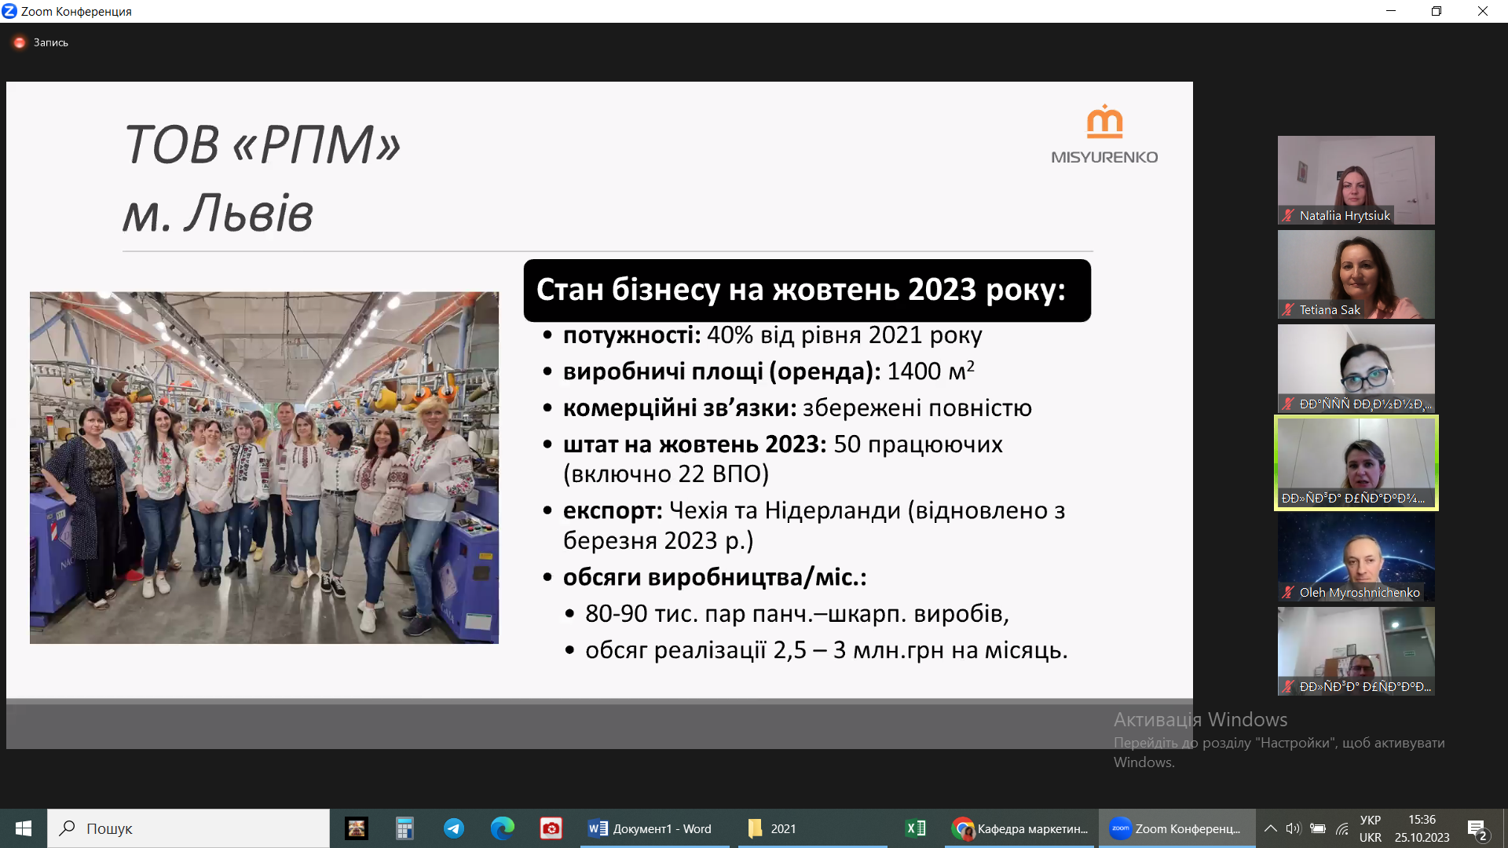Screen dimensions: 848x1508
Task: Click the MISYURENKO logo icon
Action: point(1104,122)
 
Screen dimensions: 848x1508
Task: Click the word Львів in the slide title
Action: point(248,214)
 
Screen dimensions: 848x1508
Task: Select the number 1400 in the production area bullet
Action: point(913,371)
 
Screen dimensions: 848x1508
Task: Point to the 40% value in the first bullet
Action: point(730,335)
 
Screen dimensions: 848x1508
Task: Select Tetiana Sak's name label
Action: point(1329,310)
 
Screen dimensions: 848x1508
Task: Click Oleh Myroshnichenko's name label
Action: point(1359,593)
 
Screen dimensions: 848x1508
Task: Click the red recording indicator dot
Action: point(20,42)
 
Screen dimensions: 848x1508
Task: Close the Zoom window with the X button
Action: point(1483,11)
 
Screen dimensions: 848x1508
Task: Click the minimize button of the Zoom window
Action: point(1391,11)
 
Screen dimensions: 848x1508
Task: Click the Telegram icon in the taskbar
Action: point(454,828)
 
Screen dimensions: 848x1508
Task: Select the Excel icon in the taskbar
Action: point(916,828)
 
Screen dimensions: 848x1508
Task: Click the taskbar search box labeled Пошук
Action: point(188,828)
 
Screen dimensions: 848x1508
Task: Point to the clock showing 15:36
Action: point(1422,820)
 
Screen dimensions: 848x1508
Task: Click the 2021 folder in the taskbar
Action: point(774,828)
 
